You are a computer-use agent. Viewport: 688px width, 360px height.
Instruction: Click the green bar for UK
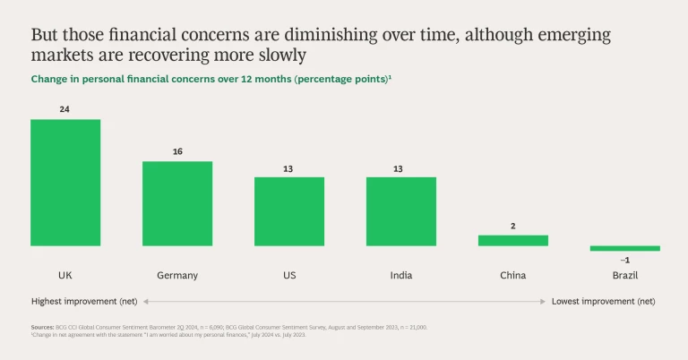tap(65, 182)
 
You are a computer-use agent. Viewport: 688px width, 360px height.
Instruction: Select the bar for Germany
tap(177, 203)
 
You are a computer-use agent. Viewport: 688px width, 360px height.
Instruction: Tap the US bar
tap(289, 210)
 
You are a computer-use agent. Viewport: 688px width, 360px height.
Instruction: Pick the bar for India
tap(400, 210)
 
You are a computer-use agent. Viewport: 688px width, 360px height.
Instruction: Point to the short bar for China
tap(512, 240)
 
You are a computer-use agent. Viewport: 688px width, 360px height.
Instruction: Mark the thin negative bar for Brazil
tap(624, 248)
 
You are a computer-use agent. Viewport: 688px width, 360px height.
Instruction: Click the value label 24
tap(65, 109)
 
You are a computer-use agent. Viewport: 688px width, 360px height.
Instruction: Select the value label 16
tap(177, 151)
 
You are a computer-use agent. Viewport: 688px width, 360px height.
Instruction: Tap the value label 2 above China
tap(512, 226)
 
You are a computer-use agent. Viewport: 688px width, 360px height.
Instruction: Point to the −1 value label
tap(624, 260)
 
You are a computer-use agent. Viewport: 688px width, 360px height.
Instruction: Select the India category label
tap(400, 275)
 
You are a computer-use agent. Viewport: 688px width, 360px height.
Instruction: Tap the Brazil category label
tap(624, 275)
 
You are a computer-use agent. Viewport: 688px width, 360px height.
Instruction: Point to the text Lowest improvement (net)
tap(603, 302)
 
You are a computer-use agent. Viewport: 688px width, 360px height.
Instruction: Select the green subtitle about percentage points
tap(211, 80)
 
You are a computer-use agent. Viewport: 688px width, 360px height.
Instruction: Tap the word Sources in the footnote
tap(41, 328)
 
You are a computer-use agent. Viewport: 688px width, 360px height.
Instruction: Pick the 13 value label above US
tap(289, 167)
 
